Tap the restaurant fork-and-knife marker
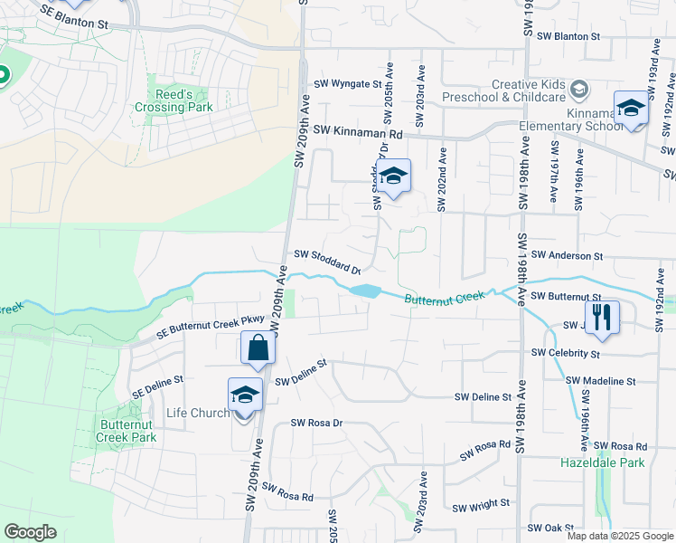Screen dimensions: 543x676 (x=603, y=317)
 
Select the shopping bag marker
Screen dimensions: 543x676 (x=258, y=348)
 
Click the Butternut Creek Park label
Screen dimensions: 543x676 (x=127, y=431)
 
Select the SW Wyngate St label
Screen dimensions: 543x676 (x=348, y=84)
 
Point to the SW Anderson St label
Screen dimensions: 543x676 (x=567, y=257)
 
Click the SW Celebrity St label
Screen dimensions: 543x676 (x=566, y=352)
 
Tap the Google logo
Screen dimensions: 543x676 (x=31, y=532)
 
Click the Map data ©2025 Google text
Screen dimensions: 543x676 (x=619, y=536)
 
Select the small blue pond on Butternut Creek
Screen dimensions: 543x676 (x=363, y=291)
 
